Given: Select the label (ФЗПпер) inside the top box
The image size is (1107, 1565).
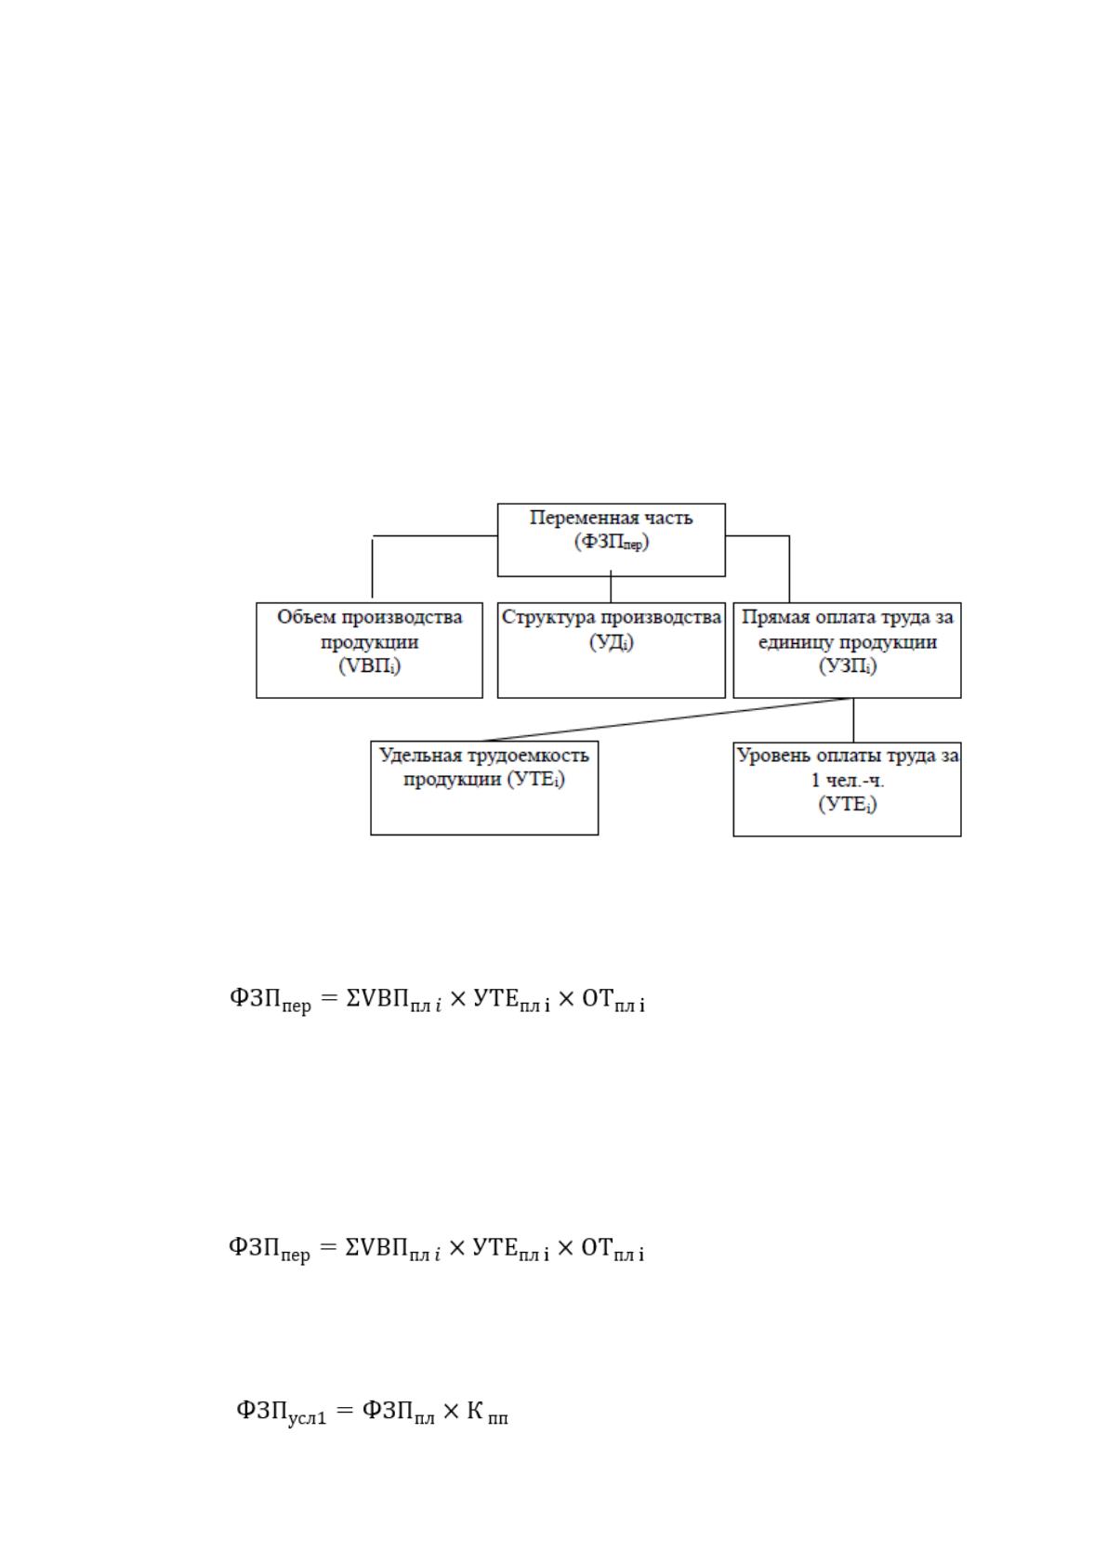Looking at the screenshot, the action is pyautogui.click(x=612, y=542).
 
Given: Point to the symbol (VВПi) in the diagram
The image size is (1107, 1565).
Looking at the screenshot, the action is pyautogui.click(x=370, y=665).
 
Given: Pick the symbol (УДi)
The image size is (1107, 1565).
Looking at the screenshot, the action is pyautogui.click(x=612, y=642).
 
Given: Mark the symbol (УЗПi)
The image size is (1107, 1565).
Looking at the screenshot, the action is pyautogui.click(x=848, y=665).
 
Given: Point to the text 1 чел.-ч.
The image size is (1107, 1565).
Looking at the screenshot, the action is pyautogui.click(x=848, y=781).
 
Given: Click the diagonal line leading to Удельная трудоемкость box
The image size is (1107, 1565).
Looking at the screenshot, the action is pyautogui.click(x=667, y=719).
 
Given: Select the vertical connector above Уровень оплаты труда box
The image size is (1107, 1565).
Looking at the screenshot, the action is pyautogui.click(x=853, y=719).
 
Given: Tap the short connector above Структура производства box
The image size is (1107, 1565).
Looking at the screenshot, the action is pyautogui.click(x=611, y=587).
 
